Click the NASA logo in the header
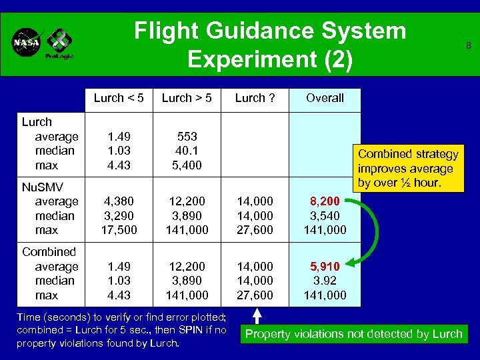pos(27,42)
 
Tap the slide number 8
pos(469,46)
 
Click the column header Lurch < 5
pos(119,98)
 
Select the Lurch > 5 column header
pos(187,98)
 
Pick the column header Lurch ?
pos(255,98)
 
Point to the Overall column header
pos(325,98)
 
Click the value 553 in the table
pos(187,136)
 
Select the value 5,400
pos(187,165)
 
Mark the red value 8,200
pos(325,201)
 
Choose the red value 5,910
pos(325,266)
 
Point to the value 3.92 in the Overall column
pos(325,281)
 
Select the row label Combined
pos(49,252)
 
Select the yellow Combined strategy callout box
pos(408,168)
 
